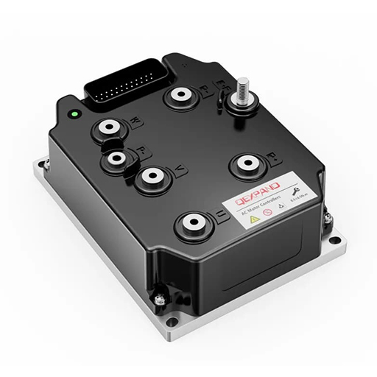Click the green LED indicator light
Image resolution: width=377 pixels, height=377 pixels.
click(x=74, y=115)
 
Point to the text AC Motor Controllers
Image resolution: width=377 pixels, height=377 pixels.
click(x=254, y=208)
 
